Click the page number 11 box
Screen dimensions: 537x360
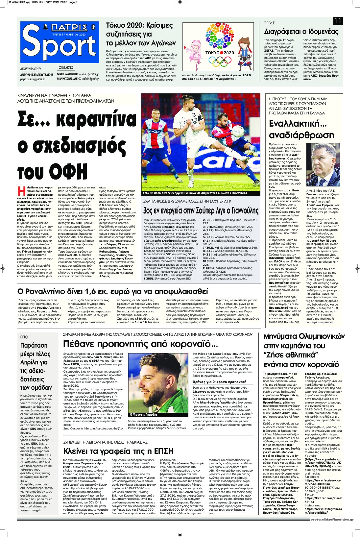click(338, 21)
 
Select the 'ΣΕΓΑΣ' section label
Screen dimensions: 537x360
click(270, 23)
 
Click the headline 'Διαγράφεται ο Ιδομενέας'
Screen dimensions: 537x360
click(301, 32)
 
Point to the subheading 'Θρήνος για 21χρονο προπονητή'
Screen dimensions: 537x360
click(219, 382)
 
